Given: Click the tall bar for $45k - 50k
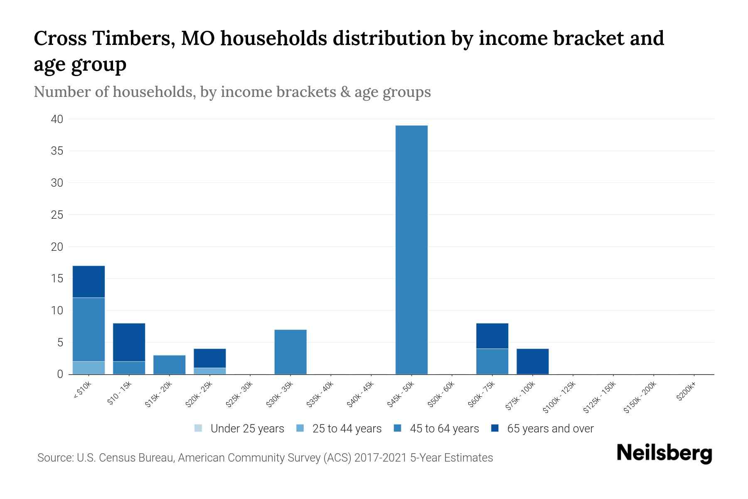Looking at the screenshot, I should tap(411, 249).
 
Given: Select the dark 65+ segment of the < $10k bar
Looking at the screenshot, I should tap(89, 282).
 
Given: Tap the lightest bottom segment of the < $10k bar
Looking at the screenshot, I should tap(89, 368).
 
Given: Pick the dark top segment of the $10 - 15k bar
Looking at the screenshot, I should tap(129, 342).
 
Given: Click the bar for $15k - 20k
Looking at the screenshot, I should tap(169, 365).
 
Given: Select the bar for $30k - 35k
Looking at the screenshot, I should tap(290, 352).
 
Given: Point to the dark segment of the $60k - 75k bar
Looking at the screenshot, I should tap(492, 336).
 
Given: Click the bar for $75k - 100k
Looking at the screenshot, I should tap(532, 361).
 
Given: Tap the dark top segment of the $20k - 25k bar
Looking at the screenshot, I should tap(209, 358).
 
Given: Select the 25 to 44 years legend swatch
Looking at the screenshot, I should tap(300, 428).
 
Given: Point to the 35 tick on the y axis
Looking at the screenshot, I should tap(57, 151).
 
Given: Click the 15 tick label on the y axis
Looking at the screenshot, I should tap(57, 279).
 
